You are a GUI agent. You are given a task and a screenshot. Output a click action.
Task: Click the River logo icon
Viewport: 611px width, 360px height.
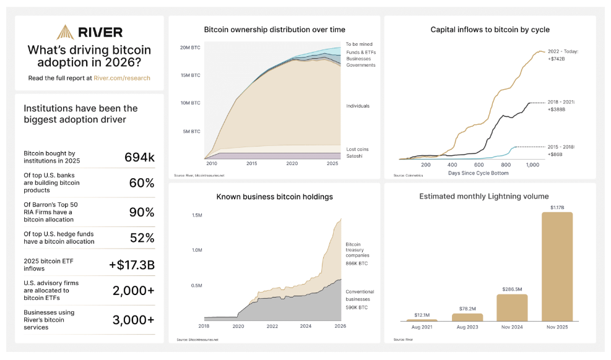pyautogui.click(x=65, y=32)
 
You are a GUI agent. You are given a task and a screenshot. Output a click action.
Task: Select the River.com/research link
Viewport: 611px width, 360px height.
pyautogui.click(x=122, y=79)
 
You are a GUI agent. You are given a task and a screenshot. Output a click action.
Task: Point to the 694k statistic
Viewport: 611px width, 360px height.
pyautogui.click(x=139, y=157)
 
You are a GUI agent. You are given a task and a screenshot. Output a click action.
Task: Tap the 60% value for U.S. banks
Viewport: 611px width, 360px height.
pyautogui.click(x=141, y=183)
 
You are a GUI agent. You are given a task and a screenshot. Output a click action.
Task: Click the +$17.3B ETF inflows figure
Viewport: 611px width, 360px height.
pyautogui.click(x=132, y=265)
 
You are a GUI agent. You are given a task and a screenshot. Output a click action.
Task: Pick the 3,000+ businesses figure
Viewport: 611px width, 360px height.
pyautogui.click(x=133, y=320)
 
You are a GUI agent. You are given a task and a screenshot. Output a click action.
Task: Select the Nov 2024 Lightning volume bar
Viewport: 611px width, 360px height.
pyautogui.click(x=512, y=307)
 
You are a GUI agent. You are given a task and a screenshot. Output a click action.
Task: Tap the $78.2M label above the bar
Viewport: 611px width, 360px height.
pyautogui.click(x=467, y=309)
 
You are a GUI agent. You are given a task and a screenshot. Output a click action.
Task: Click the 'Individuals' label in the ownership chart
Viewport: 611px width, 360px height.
pyautogui.click(x=358, y=106)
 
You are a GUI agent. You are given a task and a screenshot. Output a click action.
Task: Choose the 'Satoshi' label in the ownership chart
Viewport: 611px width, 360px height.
pyautogui.click(x=355, y=156)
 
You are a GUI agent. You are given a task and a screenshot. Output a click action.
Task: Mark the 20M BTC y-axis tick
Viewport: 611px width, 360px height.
pyautogui.click(x=190, y=47)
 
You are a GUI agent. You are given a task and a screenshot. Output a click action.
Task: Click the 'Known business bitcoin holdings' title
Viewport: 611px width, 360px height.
pyautogui.click(x=274, y=197)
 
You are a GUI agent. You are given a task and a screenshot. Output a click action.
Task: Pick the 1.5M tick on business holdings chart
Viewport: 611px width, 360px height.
pyautogui.click(x=197, y=215)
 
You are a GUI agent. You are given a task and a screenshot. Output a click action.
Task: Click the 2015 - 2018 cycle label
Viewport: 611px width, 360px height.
pyautogui.click(x=561, y=147)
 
